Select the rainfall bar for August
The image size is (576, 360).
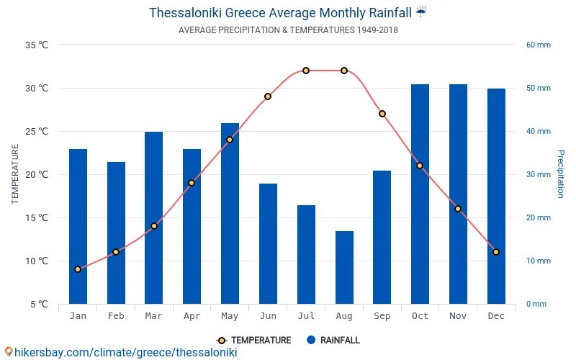344,267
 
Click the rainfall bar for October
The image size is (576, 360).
420,194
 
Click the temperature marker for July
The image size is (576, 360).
306,71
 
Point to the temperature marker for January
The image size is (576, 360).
78,269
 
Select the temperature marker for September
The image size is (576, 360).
382,114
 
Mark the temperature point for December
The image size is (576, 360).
496,252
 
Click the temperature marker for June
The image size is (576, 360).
268,96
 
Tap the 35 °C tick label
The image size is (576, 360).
37,45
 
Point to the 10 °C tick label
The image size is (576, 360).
37,261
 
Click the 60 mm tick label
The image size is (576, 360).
538,45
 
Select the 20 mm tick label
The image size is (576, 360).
538,217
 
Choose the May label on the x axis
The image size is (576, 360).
230,316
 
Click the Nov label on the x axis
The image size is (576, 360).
458,316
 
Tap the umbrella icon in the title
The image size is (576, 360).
421,12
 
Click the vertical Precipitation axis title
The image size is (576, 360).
561,174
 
